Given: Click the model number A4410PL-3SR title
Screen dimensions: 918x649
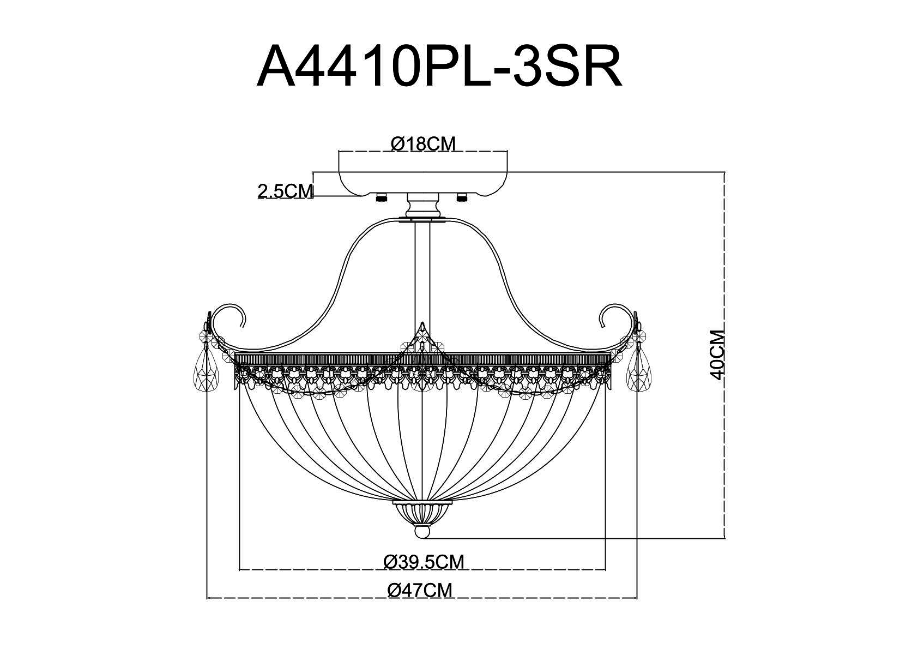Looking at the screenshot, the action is click(x=439, y=67).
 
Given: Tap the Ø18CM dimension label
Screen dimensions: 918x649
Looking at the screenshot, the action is click(x=423, y=144).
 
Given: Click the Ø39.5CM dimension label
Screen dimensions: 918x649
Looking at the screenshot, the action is click(x=424, y=561).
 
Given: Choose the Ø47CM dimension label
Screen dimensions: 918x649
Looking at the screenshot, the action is click(x=420, y=590).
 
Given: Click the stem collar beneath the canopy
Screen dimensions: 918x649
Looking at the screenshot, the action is click(x=422, y=207).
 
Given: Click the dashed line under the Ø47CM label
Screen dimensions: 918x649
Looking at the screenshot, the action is click(x=422, y=599).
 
